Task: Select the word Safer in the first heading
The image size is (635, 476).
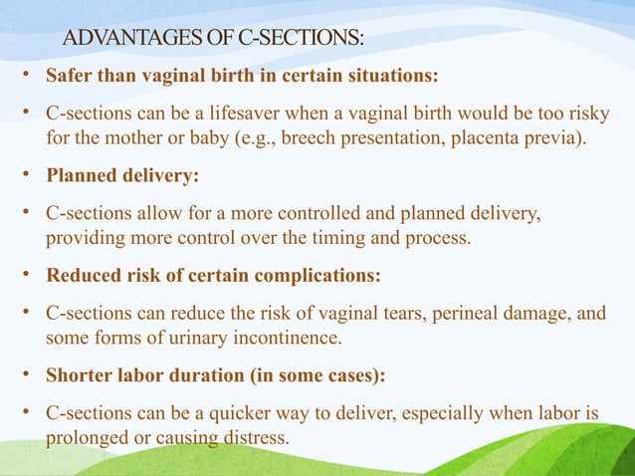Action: [x=70, y=76]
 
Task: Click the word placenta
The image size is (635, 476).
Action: [x=502, y=136]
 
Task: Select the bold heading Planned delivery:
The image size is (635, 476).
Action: [x=122, y=175]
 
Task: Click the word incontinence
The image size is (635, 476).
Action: [x=285, y=338]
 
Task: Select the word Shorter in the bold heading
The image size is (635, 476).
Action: [x=81, y=376]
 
